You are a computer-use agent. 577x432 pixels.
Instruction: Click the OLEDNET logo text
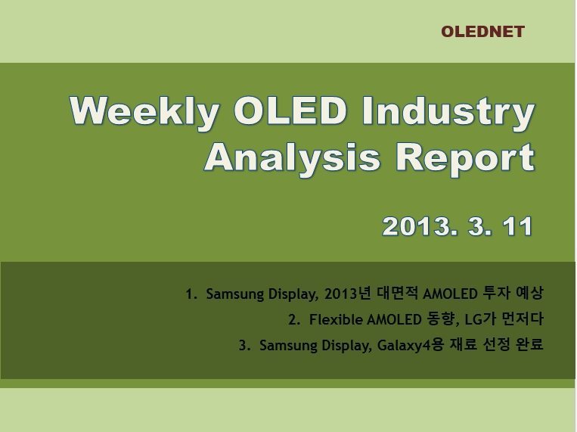(x=482, y=32)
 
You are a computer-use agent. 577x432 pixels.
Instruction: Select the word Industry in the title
(x=448, y=111)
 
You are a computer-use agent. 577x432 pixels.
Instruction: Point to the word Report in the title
(x=465, y=157)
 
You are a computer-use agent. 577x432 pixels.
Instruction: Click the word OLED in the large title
(x=290, y=110)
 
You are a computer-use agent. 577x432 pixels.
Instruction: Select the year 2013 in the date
(x=417, y=226)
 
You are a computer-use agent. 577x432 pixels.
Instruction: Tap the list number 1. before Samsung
(x=191, y=294)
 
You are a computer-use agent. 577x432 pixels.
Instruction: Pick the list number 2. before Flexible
(x=294, y=320)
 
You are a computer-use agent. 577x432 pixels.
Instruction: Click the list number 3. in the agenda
(x=244, y=346)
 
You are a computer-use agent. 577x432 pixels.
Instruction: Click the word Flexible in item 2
(x=336, y=320)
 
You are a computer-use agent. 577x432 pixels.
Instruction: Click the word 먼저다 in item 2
(x=522, y=319)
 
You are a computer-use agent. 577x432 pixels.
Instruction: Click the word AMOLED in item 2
(x=394, y=320)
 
